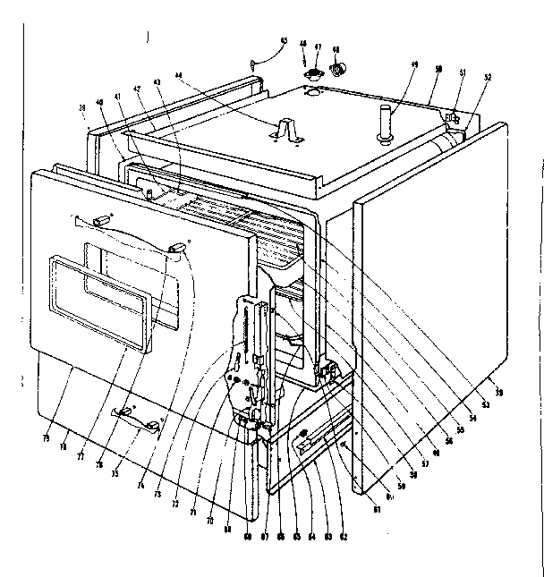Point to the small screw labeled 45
pyautogui.click(x=255, y=64)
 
